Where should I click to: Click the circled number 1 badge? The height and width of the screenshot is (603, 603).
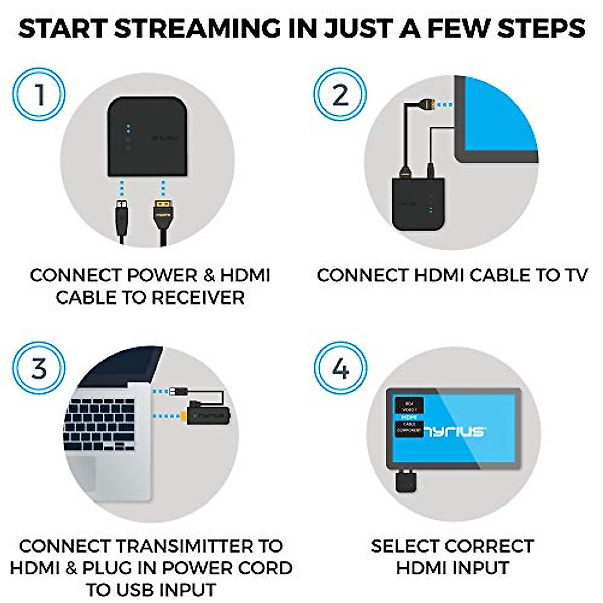coord(39,94)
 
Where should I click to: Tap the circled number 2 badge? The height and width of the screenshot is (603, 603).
coord(340,94)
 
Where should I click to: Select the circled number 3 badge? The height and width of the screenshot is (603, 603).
coord(39,368)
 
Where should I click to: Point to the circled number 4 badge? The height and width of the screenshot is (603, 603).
coord(340,368)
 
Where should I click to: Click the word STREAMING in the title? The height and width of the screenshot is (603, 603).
coord(197,29)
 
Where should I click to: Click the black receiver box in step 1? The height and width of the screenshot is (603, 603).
coord(147,137)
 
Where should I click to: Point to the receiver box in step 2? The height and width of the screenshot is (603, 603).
coord(417,204)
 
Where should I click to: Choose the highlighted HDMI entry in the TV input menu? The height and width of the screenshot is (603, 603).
coord(409,417)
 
